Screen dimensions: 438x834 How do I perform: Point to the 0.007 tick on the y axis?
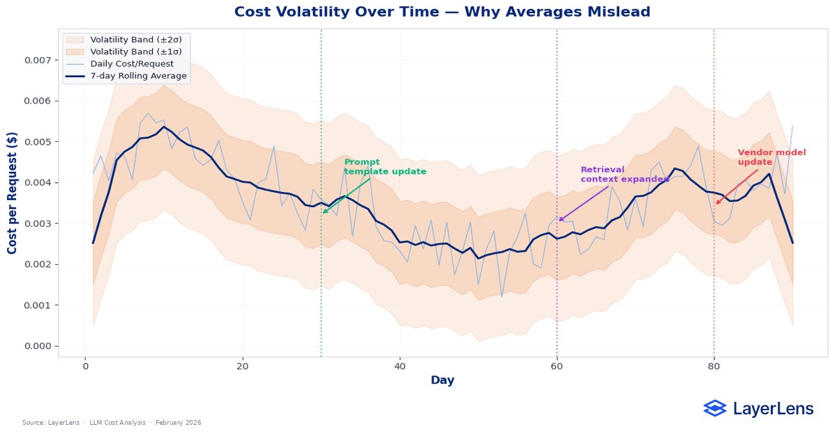[x=38, y=60]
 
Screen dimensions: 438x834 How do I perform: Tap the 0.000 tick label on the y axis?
[x=38, y=346]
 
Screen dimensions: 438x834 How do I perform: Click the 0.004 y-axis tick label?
[x=38, y=183]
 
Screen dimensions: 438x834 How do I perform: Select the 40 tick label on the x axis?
[x=400, y=366]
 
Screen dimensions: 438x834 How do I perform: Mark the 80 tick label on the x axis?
[x=714, y=366]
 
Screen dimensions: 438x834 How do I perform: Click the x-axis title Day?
[x=443, y=380]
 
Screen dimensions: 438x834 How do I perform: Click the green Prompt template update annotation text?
[x=385, y=167]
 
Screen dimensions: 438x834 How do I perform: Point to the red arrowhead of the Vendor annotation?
[x=717, y=204]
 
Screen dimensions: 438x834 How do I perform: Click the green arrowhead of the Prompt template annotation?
[x=323, y=212]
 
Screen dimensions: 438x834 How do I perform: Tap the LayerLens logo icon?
[x=714, y=408]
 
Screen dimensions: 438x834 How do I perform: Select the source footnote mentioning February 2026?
[x=112, y=423]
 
